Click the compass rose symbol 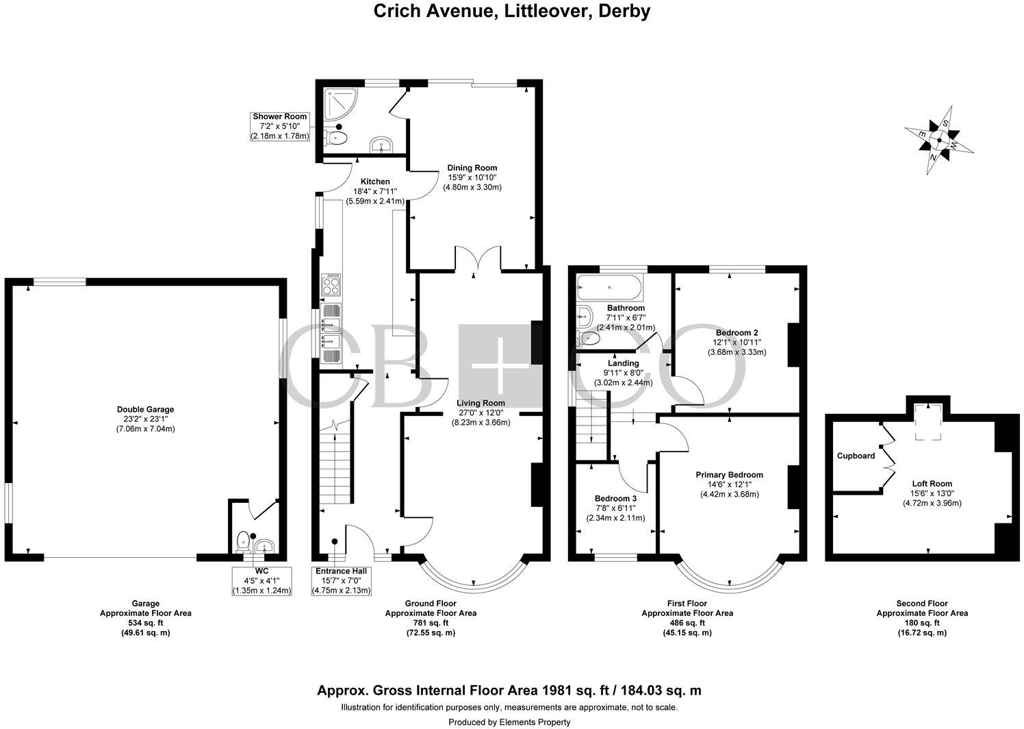(x=939, y=141)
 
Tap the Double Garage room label (x=145, y=410)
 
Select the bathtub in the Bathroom (x=609, y=288)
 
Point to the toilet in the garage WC (x=243, y=542)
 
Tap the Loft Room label (x=932, y=483)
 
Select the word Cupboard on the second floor (x=856, y=456)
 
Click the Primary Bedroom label (x=729, y=475)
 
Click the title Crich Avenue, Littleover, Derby (x=511, y=12)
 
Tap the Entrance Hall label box (x=341, y=580)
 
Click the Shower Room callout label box (x=280, y=126)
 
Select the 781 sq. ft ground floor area (x=431, y=623)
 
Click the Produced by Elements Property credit (x=509, y=722)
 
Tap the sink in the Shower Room (x=380, y=145)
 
